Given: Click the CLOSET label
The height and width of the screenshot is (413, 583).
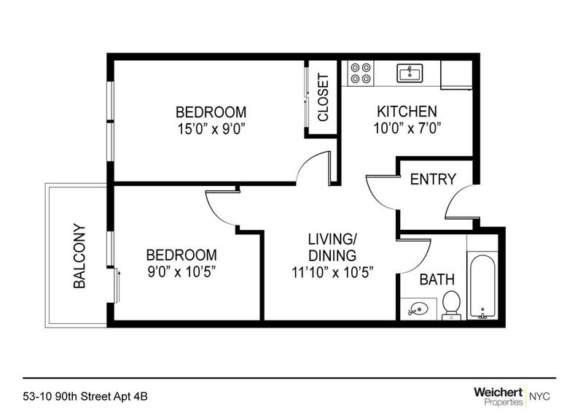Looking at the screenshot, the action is point(323,98).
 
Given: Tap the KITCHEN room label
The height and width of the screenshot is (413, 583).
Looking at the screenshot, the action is point(407,112).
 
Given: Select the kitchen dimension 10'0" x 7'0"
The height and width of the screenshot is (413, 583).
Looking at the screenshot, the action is point(407,128).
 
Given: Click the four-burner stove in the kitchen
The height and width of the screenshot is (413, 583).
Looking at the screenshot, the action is point(361,74).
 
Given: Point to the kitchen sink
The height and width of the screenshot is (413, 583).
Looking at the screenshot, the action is point(410,73).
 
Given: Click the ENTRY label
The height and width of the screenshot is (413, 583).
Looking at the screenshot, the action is point(433,180).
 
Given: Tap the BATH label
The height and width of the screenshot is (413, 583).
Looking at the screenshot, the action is point(437,279).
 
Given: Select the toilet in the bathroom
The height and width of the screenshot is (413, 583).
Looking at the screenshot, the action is point(452,305).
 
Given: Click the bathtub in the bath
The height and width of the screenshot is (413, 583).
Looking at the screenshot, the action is point(482,287).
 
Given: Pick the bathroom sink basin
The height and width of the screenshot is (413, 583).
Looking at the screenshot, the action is point(418,309).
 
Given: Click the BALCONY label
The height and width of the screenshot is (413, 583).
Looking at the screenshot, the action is point(79,256).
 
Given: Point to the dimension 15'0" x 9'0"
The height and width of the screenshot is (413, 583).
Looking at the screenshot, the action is point(211,130).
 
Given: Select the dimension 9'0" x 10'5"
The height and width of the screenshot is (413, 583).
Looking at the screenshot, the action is point(181,272).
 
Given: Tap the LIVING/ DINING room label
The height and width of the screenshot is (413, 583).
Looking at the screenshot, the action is point(332,247).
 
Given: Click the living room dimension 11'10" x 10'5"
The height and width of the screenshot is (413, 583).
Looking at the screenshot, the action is point(332,272).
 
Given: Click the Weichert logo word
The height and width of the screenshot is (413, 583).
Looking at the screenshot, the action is point(498,392).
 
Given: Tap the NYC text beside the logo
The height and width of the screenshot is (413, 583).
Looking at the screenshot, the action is point(539,396).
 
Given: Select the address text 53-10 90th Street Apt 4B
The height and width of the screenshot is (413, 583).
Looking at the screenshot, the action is point(85,397).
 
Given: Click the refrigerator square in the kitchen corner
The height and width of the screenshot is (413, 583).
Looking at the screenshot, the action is point(456,75).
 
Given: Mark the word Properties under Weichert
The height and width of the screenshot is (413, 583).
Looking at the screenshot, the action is point(504,402).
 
